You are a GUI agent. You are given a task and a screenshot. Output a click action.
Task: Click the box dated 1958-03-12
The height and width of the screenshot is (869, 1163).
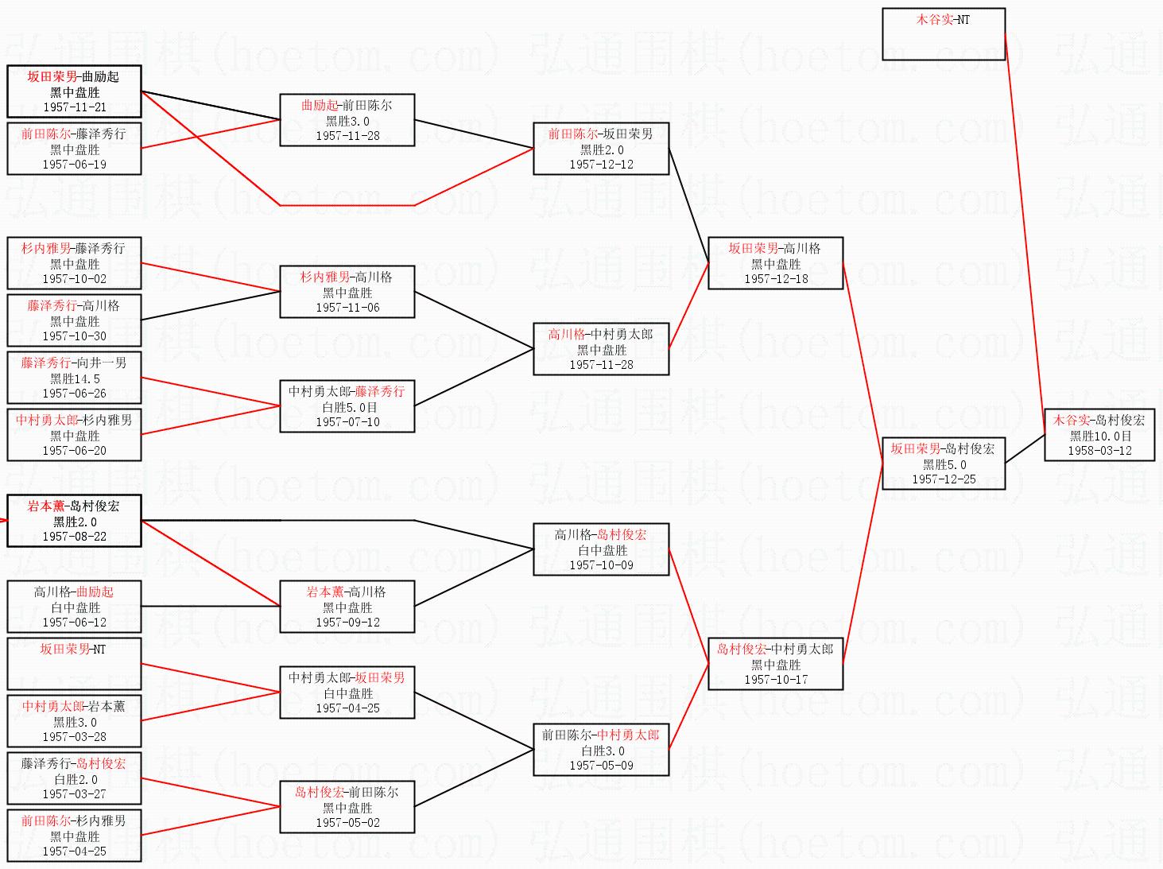1099,434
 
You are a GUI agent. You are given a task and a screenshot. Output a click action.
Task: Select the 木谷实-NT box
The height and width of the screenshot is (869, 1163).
944,34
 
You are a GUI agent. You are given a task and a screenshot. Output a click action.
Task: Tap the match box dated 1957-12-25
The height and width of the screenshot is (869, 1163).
944,463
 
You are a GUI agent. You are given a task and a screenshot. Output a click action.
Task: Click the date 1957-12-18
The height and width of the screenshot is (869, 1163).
776,279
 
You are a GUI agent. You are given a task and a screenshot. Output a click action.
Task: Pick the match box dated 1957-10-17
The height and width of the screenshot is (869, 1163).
775,663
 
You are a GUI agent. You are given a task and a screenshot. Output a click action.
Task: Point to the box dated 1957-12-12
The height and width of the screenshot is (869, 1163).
601,148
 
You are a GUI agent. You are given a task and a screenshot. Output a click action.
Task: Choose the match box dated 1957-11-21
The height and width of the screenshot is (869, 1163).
74,91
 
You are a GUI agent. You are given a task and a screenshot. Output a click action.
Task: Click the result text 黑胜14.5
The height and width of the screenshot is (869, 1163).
75,378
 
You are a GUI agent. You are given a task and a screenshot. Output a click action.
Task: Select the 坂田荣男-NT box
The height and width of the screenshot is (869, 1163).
74,663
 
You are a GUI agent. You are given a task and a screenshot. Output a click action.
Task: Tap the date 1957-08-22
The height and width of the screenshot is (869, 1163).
75,537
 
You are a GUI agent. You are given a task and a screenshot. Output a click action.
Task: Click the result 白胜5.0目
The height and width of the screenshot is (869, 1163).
347,407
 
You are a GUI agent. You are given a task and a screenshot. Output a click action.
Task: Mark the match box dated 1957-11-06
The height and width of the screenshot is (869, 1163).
347,291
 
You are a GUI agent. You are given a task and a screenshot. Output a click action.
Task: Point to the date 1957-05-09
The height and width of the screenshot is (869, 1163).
601,766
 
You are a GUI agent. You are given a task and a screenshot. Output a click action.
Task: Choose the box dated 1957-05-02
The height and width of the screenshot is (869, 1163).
347,806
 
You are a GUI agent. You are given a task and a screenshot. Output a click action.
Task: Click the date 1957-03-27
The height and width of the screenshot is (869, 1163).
75,794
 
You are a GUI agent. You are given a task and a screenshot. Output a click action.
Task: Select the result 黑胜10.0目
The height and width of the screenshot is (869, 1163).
1099,436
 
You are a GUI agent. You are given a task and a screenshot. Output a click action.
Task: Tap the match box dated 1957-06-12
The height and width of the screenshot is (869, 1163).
74,606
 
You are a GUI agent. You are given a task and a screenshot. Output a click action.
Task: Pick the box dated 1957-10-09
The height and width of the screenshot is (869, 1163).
601,549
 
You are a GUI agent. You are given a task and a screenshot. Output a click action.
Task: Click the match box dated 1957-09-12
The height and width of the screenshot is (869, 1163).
347,606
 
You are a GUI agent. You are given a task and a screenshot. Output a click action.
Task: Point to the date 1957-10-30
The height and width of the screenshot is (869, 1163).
75,336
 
